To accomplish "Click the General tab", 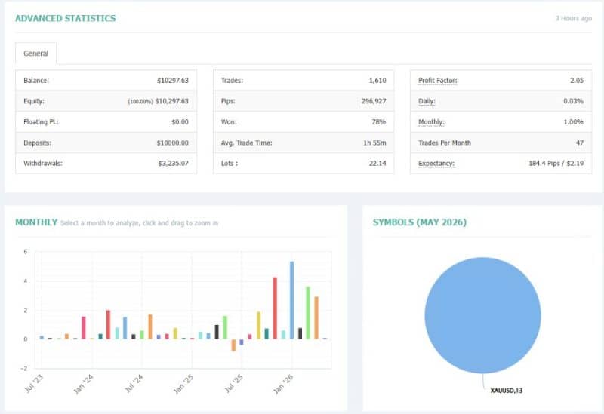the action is point(35,54).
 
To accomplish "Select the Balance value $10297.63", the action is point(173,81).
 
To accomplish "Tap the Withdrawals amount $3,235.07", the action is point(174,163).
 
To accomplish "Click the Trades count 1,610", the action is point(377,81).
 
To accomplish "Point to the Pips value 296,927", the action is point(374,101).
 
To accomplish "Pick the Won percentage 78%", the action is point(379,122).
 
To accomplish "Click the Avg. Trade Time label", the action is point(247,143).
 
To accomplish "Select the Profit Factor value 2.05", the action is point(577,81).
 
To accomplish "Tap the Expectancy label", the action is point(436,164).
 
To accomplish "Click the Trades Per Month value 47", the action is point(580,143).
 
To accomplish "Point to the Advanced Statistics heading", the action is point(66,18).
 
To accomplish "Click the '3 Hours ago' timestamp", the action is point(573,18).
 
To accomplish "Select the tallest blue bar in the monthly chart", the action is point(291,300).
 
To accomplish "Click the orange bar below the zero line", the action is point(233,345).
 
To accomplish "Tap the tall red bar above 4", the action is point(275,308).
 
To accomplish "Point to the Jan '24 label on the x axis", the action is point(83,384).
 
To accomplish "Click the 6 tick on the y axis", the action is point(26,252).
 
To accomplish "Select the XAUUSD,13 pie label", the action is point(506,391).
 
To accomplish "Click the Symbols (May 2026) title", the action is point(420,222).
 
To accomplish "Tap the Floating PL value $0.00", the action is point(180,122).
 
